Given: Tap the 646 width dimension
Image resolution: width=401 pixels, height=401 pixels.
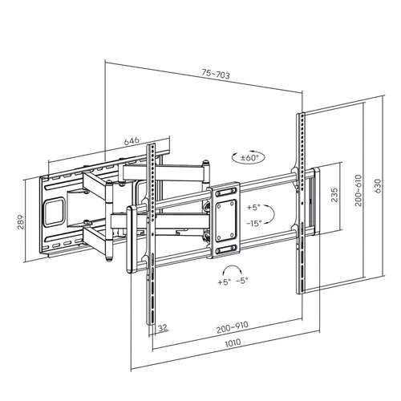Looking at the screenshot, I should click(x=132, y=140).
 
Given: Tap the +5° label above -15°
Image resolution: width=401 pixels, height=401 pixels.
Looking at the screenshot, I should click(x=254, y=206).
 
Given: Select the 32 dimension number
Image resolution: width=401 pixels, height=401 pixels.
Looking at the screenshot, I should click(x=163, y=328).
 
